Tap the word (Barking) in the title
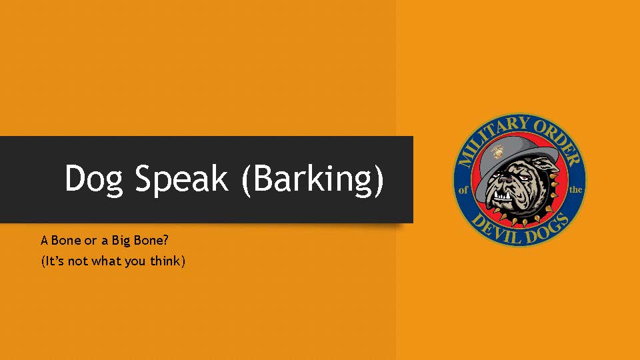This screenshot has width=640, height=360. point(313,179)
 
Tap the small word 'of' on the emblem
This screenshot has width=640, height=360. point(465,190)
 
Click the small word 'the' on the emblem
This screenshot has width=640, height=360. point(576,190)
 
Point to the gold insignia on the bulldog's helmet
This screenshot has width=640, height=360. point(498,151)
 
